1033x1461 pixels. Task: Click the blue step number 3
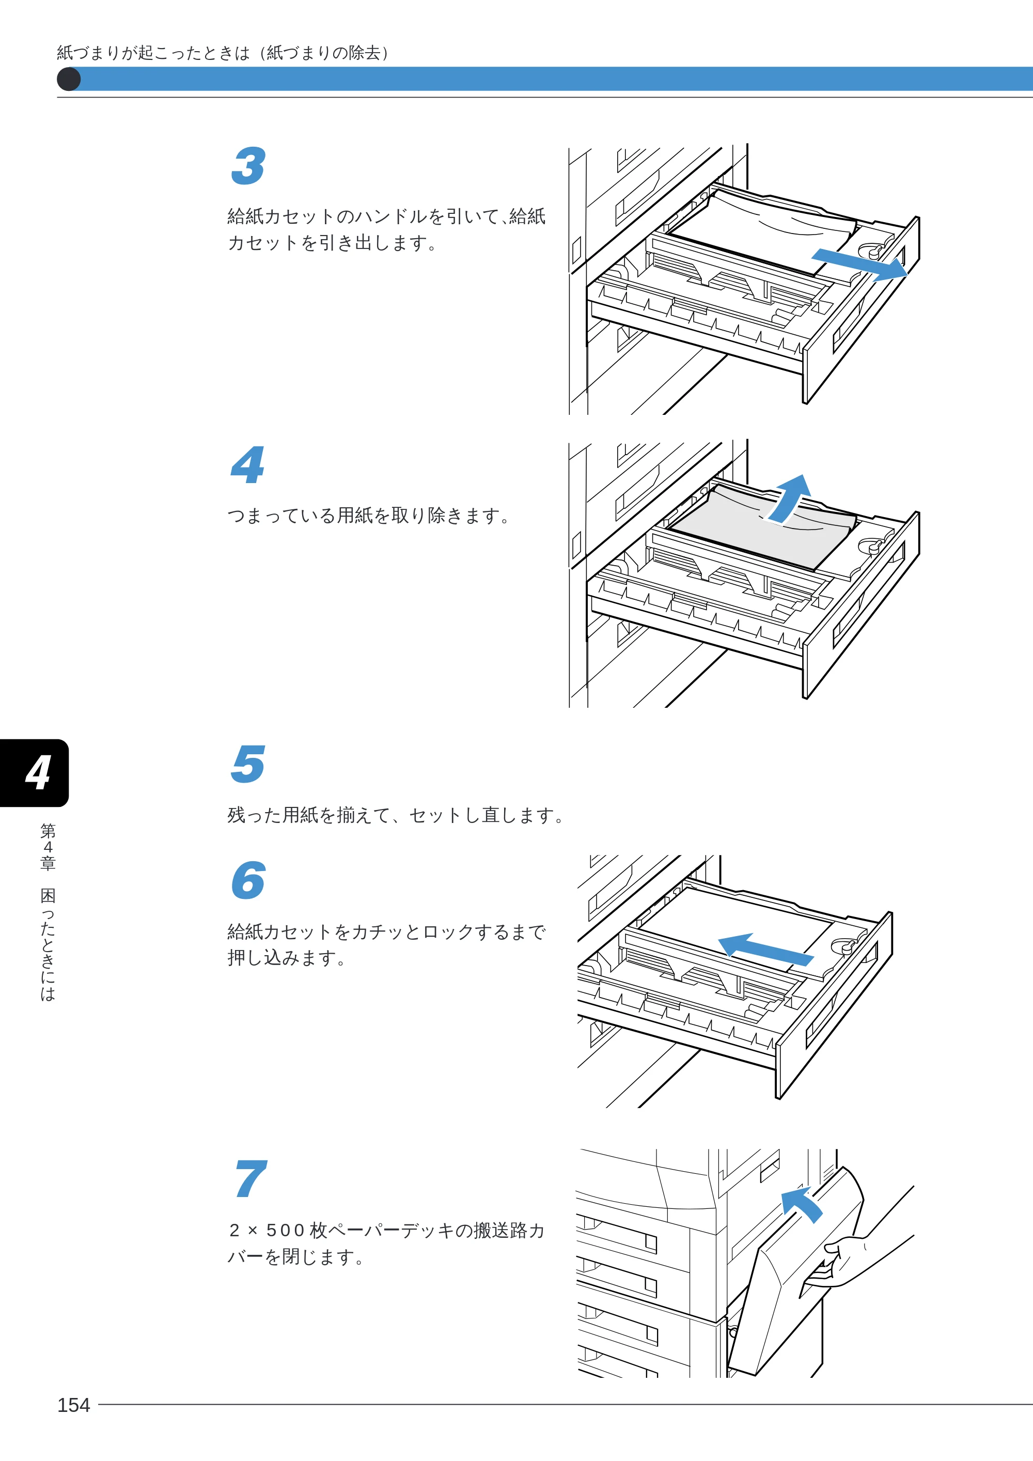click(248, 166)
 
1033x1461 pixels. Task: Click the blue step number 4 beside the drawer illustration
click(247, 464)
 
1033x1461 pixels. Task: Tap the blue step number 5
click(248, 764)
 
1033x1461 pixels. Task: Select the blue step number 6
click(249, 881)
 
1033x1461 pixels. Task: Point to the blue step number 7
click(251, 1178)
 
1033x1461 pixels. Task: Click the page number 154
click(74, 1405)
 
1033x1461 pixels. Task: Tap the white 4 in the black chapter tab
click(38, 773)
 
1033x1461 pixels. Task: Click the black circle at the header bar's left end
click(69, 80)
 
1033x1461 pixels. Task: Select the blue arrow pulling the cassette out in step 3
click(859, 264)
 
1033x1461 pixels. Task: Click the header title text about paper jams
click(223, 52)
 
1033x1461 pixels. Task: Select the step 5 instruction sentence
click(396, 815)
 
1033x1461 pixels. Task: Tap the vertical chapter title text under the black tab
click(48, 912)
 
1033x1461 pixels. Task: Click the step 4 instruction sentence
click(369, 516)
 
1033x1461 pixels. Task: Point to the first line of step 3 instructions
click(387, 216)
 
